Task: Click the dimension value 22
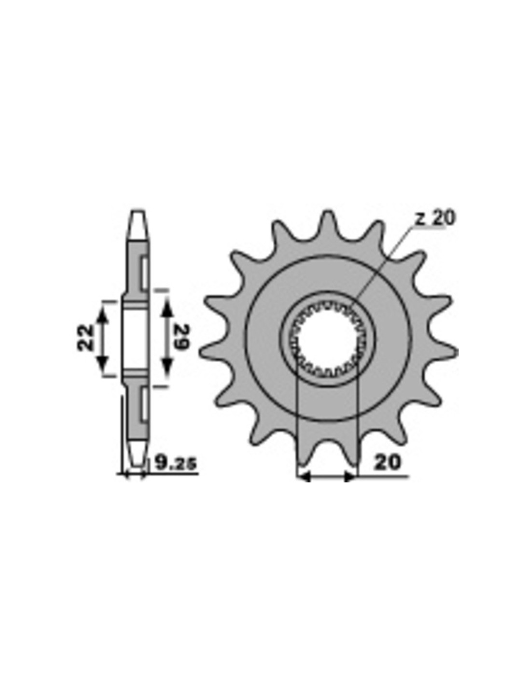85,337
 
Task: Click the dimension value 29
181,337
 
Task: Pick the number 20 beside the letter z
442,218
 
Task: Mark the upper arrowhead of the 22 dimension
102,315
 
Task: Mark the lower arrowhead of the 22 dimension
102,362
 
